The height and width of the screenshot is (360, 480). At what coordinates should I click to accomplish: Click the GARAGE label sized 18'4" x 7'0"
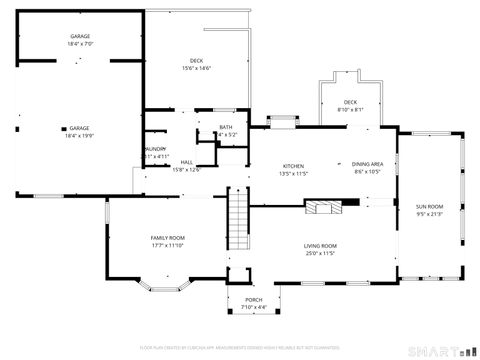click(80, 40)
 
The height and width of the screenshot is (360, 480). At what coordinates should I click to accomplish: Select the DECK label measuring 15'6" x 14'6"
click(196, 64)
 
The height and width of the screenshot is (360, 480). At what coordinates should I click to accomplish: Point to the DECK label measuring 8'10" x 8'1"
click(350, 105)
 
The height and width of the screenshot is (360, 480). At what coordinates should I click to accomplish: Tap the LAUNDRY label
click(154, 149)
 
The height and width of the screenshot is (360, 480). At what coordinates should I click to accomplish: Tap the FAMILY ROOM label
click(168, 238)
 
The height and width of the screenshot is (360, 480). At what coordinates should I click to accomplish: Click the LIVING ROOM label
click(320, 246)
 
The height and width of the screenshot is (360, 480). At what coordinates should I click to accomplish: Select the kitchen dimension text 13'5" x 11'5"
click(293, 174)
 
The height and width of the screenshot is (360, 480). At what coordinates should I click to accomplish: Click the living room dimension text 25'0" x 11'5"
click(320, 254)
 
